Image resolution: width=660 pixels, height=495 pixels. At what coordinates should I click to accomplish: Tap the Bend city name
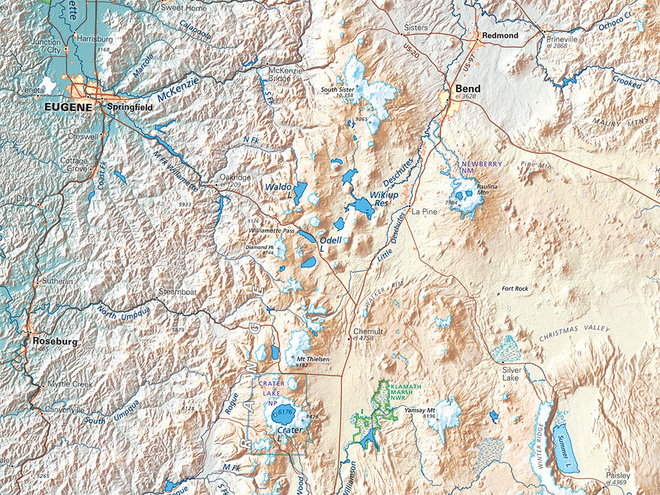click(467, 88)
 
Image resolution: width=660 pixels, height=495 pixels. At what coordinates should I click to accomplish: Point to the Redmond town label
click(500, 35)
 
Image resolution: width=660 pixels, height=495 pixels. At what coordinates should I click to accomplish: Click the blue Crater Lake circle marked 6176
click(284, 412)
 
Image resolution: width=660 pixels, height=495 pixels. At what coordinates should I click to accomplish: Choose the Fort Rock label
click(515, 289)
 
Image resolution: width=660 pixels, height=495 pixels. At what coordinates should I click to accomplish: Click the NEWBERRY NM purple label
click(481, 168)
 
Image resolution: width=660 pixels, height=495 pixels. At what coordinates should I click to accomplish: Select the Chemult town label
click(367, 331)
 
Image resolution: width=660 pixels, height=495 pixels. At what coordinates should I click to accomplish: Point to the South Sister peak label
click(337, 89)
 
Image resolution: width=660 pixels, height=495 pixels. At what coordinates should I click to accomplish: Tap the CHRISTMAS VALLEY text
click(574, 333)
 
